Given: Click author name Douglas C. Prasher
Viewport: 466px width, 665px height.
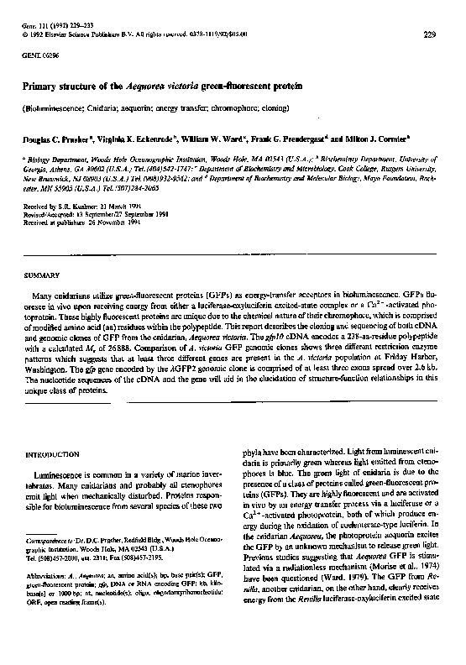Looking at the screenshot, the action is pyautogui.click(x=52, y=134).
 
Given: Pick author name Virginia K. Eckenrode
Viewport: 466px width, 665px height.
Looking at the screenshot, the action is pyautogui.click(x=134, y=134).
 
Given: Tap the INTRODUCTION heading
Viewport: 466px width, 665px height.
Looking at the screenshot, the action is pyautogui.click(x=51, y=453).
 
